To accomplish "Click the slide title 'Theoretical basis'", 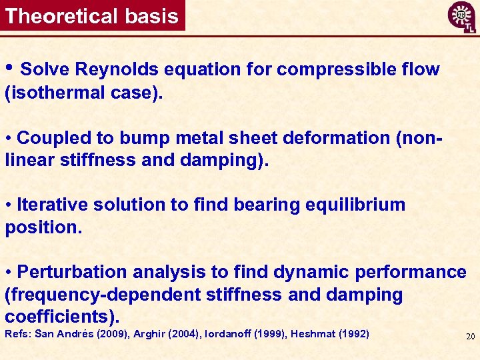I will [x=92, y=16].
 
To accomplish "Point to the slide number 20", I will [x=470, y=337].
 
